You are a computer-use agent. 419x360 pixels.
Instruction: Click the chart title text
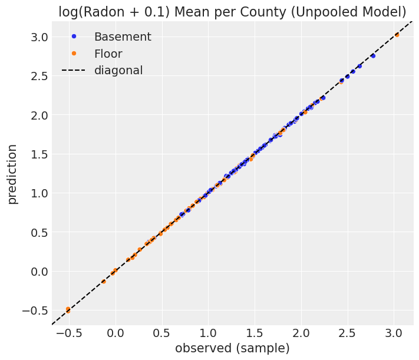232,12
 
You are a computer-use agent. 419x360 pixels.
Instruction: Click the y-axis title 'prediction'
12,174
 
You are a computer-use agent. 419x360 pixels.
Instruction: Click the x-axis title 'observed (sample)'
232,348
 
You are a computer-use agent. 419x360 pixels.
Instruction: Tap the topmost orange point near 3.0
397,35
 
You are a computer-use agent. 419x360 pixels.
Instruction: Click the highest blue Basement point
372,55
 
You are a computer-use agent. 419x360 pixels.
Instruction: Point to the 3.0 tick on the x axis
394,333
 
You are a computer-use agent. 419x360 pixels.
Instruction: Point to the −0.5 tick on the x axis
68,333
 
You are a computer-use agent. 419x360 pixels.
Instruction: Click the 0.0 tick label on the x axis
115,333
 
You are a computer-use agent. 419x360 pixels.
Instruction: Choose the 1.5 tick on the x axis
255,333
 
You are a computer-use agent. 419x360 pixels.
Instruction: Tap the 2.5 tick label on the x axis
348,333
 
